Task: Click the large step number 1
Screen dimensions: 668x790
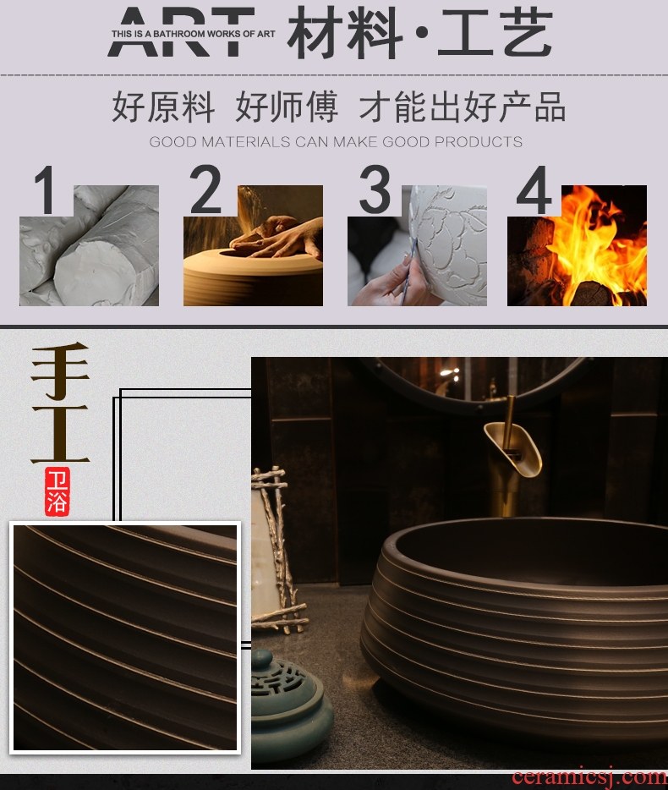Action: click(x=44, y=190)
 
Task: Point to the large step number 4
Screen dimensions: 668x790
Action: click(x=534, y=189)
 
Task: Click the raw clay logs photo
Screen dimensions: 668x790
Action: click(x=89, y=245)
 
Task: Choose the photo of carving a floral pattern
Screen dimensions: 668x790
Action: click(x=417, y=245)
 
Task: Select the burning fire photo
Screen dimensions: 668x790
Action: click(x=577, y=245)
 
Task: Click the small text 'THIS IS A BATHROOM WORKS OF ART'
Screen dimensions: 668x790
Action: click(x=193, y=34)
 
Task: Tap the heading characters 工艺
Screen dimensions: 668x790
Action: click(x=496, y=33)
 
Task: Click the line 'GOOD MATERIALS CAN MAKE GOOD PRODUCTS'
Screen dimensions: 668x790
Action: click(x=336, y=141)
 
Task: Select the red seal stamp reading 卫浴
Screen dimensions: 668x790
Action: click(x=57, y=491)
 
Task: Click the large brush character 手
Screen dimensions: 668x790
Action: click(x=60, y=370)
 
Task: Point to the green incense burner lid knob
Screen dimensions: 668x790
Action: click(x=263, y=660)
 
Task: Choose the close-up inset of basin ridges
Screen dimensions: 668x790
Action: click(x=125, y=638)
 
